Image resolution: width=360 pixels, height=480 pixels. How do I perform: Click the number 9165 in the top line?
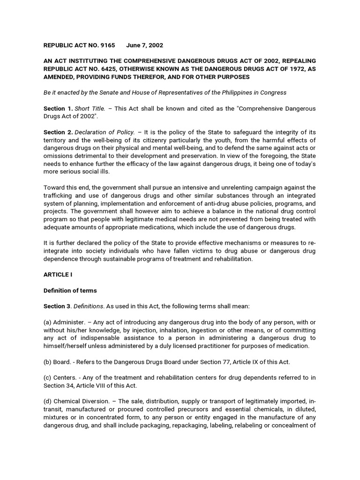(107, 45)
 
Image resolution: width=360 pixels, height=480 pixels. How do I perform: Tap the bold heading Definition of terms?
(70, 291)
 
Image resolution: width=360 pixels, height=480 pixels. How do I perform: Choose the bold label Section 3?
(58, 306)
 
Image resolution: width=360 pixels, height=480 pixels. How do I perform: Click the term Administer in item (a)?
(70, 322)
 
